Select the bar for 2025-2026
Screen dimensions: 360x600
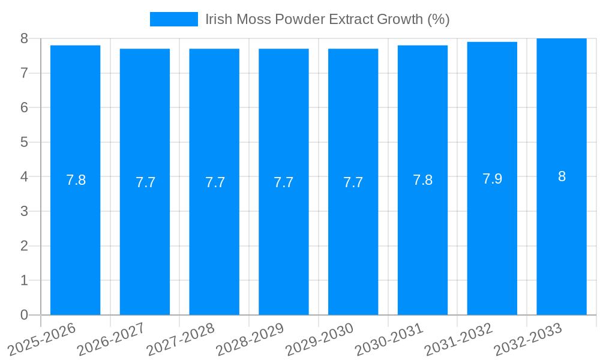[75, 180]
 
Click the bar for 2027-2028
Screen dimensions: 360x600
[214, 181]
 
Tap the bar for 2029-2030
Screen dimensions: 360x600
[353, 181]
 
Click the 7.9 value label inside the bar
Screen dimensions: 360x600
[492, 179]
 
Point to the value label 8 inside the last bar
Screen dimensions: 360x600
[562, 176]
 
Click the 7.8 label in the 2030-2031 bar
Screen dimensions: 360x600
[422, 180]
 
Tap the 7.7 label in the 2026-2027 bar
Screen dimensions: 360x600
[145, 183]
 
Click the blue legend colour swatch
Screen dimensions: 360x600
[173, 19]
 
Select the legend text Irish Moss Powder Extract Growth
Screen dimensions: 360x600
[328, 19]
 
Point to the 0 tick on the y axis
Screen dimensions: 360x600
[24, 315]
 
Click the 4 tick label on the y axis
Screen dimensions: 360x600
[24, 177]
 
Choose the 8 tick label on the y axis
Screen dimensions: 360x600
[24, 38]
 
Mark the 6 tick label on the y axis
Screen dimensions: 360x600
[24, 107]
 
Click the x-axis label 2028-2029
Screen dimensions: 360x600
[250, 339]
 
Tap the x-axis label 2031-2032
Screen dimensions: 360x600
[458, 339]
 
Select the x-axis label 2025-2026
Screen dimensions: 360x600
[41, 339]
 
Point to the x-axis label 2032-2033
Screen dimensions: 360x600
[527, 339]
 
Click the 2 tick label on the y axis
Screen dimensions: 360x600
[24, 246]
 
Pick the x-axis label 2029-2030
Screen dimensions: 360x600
[319, 339]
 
